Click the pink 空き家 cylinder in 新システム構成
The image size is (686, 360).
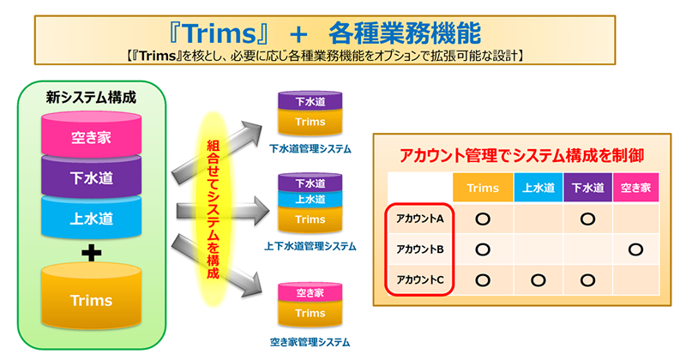tap(91, 135)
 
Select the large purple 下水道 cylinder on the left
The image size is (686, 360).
tap(91, 176)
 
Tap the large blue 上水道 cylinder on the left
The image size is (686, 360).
tap(91, 217)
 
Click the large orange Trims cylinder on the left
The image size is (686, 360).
tap(91, 297)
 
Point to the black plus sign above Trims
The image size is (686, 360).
tap(92, 252)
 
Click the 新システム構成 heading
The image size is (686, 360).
tap(91, 97)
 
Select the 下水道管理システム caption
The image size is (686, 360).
tap(310, 149)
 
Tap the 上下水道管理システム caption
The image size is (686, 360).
tap(310, 246)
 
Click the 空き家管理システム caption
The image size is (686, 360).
tap(310, 342)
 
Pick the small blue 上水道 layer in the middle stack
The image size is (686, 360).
tap(310, 199)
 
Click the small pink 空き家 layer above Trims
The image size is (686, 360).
tap(310, 292)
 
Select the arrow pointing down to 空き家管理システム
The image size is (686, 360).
tap(217, 266)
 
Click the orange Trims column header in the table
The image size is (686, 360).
tap(483, 188)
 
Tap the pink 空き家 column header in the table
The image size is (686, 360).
tap(635, 188)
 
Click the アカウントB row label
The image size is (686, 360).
tap(420, 249)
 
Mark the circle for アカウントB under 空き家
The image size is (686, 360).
tap(635, 249)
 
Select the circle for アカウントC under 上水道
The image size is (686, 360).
tap(539, 280)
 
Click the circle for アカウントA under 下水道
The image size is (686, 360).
tap(587, 219)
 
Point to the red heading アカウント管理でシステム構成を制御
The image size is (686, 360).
tap(521, 155)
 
